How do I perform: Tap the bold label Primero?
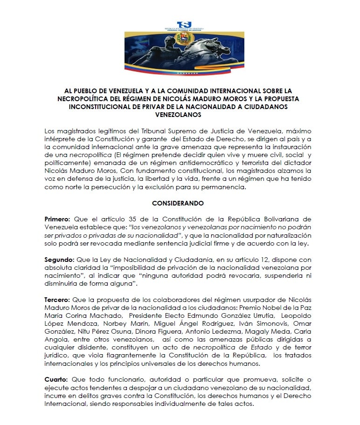coord(58,219)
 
